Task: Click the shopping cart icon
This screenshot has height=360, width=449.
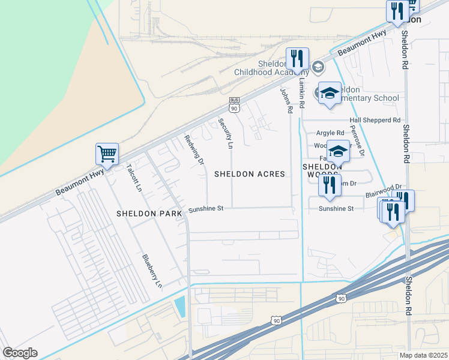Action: coord(107,154)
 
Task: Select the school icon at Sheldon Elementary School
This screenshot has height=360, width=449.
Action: coord(329,93)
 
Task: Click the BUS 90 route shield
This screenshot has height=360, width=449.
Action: coord(234,106)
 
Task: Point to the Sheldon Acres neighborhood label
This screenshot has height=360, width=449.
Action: coord(249,174)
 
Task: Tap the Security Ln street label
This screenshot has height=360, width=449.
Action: coord(225,133)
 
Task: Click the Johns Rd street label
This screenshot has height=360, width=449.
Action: coord(286,100)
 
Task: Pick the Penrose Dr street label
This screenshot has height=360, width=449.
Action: coord(357,142)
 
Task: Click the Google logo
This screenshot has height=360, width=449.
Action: coord(20,353)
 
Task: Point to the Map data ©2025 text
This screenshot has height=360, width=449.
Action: coord(424,355)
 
